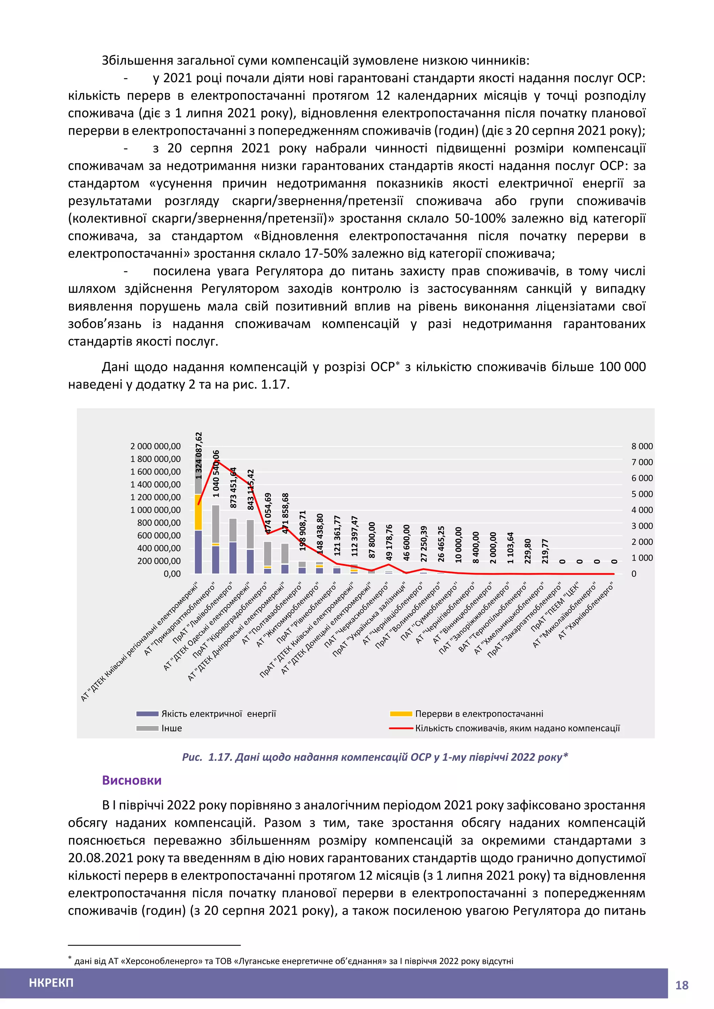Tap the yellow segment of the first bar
point(198,512)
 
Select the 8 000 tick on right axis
point(642,446)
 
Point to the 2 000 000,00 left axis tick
point(155,446)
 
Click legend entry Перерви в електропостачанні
point(479,714)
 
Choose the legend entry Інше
point(171,728)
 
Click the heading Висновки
point(131,780)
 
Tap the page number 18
point(682,985)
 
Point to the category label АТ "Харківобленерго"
point(586,611)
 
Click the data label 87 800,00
point(372,540)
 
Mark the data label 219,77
point(545,551)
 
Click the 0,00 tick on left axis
point(172,574)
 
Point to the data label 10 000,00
point(458,545)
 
